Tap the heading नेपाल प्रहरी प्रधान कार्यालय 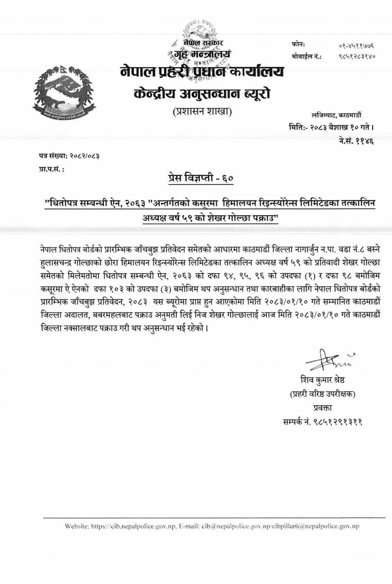click(x=202, y=72)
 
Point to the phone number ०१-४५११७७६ click(x=357, y=46)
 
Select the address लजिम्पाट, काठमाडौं click(x=337, y=115)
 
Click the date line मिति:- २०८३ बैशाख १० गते click(x=331, y=128)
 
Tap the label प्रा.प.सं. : click(x=51, y=169)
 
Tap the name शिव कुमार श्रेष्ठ click(x=322, y=380)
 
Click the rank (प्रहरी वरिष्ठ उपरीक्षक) click(x=322, y=393)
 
